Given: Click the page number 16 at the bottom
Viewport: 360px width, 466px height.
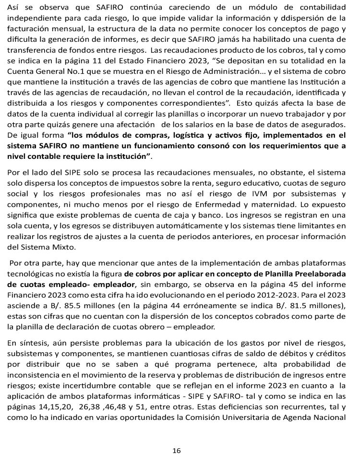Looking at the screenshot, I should (177, 451).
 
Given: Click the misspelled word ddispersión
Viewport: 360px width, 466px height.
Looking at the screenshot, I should (298, 19).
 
